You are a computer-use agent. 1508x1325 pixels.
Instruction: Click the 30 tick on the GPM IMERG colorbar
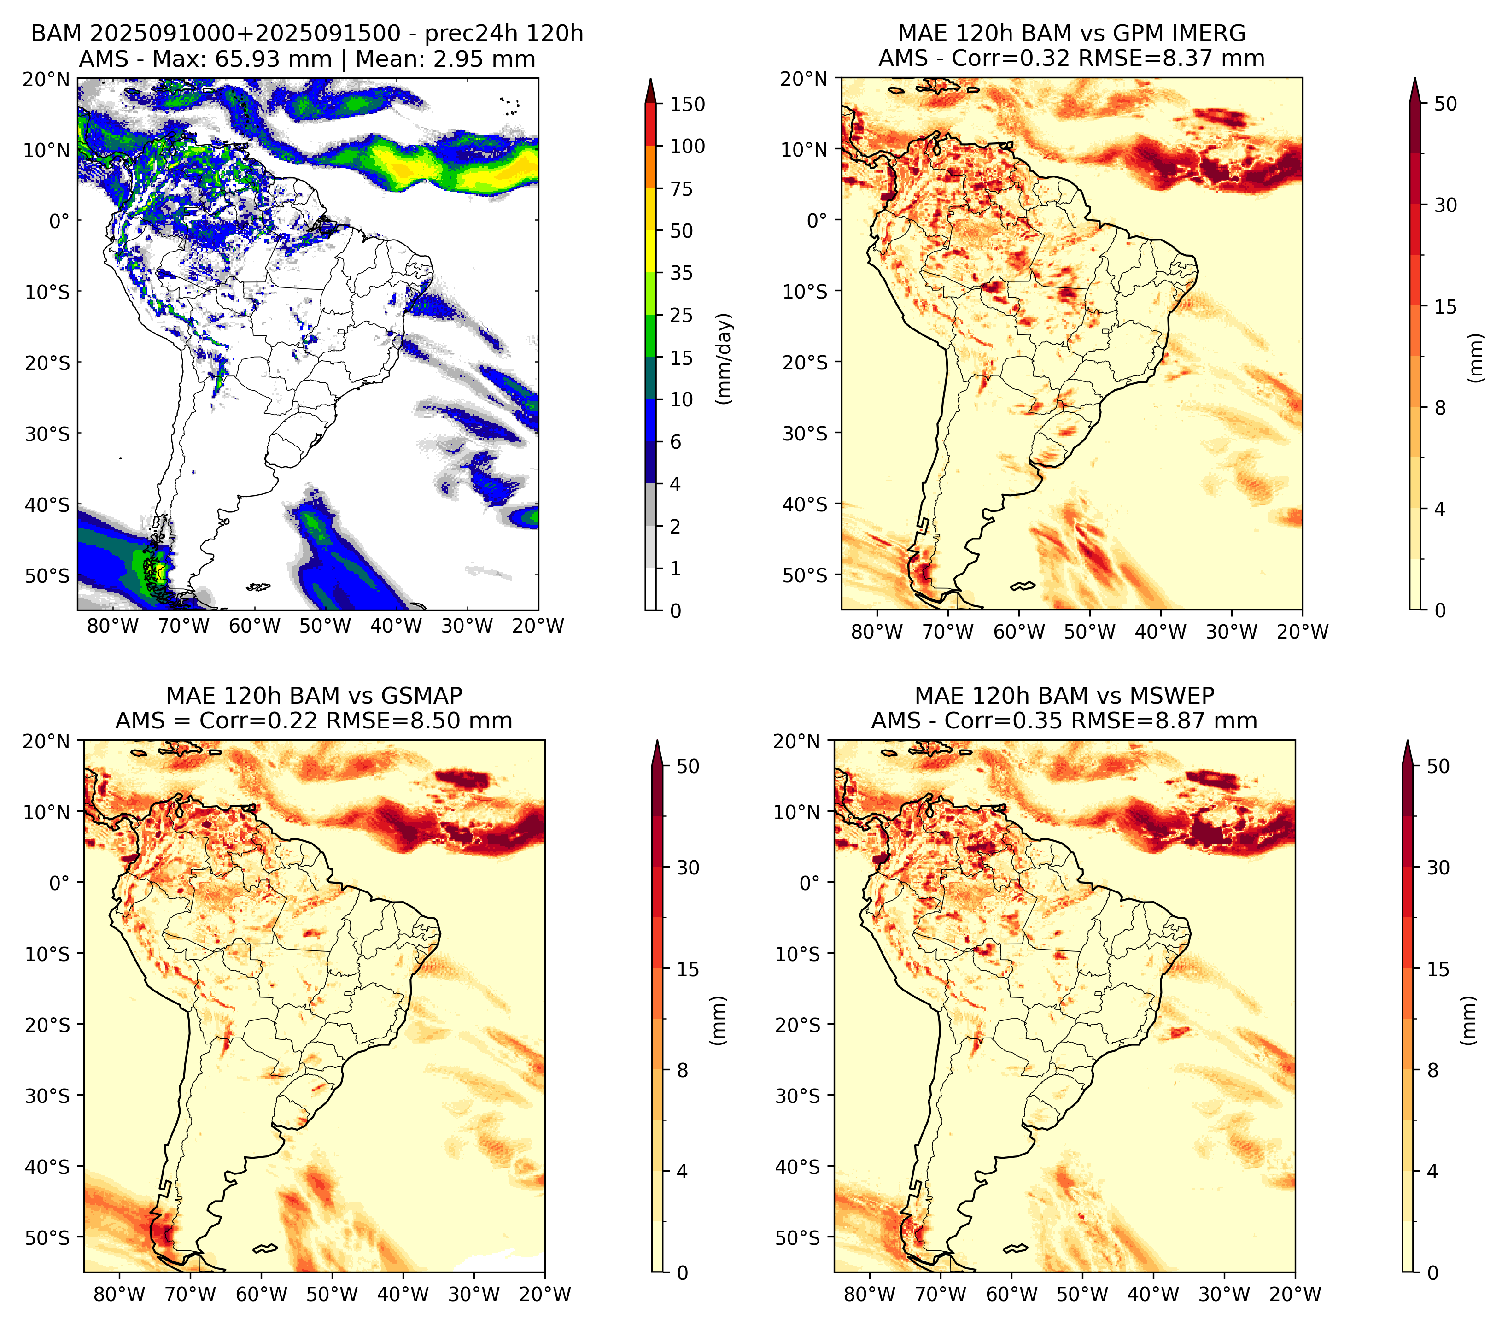(x=1445, y=205)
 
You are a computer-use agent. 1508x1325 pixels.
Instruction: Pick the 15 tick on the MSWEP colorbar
(x=1438, y=969)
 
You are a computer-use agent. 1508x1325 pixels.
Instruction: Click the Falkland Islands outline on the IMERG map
(x=1023, y=586)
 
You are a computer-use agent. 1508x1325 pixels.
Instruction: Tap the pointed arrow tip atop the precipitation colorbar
(x=651, y=78)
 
